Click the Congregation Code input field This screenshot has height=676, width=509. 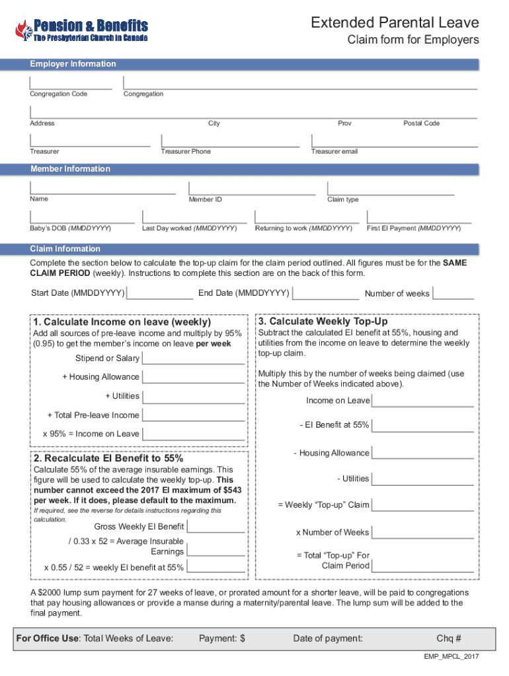[71, 83]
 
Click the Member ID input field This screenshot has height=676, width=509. [251, 188]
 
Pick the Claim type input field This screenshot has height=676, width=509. [391, 188]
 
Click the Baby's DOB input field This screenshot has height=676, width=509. [82, 217]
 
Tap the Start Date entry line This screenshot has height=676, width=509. [161, 293]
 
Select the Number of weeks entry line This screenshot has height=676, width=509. [453, 293]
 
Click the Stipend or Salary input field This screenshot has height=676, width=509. [193, 358]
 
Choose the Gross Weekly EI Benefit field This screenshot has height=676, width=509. [215, 527]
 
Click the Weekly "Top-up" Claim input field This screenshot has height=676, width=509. [423, 505]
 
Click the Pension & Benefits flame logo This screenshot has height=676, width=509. [23, 30]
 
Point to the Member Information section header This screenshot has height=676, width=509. [71, 169]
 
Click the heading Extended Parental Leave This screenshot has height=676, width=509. [395, 23]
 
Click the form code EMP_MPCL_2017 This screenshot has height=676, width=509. [451, 657]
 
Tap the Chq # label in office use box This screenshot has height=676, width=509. [449, 638]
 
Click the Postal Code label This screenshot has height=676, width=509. [422, 123]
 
